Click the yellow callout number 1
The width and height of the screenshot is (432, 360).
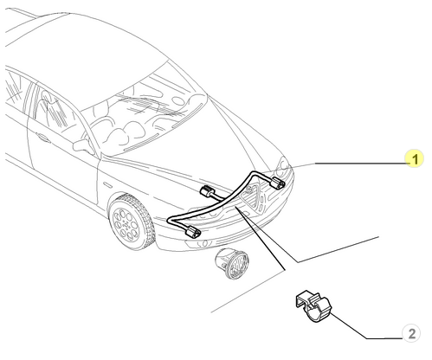pyautogui.click(x=415, y=158)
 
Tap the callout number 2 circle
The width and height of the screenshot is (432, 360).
pyautogui.click(x=411, y=333)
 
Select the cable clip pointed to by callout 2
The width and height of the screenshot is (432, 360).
pyautogui.click(x=313, y=306)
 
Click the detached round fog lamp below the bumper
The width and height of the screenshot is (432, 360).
pyautogui.click(x=232, y=263)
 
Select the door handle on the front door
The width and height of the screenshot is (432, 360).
pyautogui.click(x=42, y=138)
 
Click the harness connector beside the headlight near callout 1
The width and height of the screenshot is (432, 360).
pyautogui.click(x=277, y=183)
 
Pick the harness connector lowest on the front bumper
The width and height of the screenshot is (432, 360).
pyautogui.click(x=193, y=232)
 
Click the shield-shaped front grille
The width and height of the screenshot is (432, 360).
pyautogui.click(x=253, y=196)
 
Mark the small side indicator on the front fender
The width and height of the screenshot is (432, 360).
pyautogui.click(x=107, y=185)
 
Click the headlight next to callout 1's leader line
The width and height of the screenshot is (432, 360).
pyautogui.click(x=282, y=168)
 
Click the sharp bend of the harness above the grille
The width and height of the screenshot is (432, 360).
pyautogui.click(x=254, y=173)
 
